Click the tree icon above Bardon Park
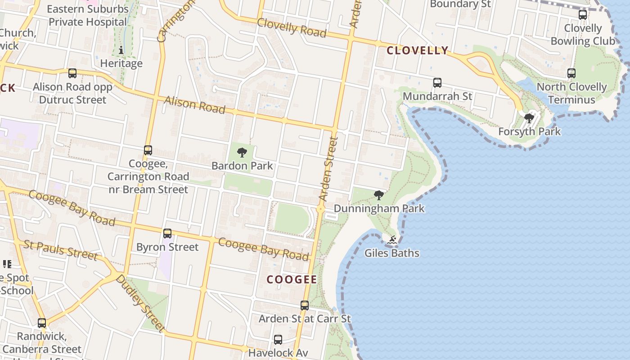tap(242, 153)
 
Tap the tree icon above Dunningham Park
tap(379, 195)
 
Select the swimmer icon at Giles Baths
tap(392, 240)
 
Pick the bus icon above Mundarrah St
tap(437, 83)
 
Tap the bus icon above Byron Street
tap(167, 234)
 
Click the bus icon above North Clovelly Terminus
tap(571, 73)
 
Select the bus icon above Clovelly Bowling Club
tap(583, 15)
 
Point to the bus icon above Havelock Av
tap(278, 340)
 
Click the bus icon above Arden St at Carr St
tap(305, 306)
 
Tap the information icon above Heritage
tap(121, 50)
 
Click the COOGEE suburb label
tap(292, 279)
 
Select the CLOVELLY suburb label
tap(418, 50)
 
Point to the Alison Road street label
tap(195, 105)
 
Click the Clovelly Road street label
tap(292, 28)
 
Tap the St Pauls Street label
tap(60, 250)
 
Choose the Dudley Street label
tap(140, 303)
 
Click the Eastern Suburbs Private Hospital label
tap(88, 15)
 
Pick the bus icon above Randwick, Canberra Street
tap(42, 323)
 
